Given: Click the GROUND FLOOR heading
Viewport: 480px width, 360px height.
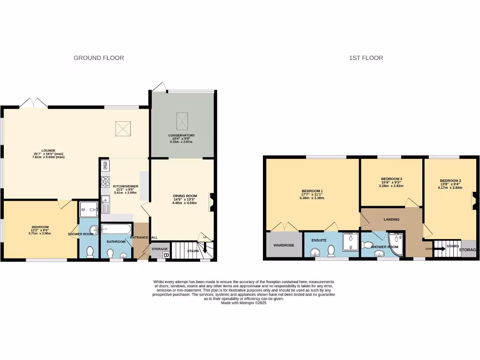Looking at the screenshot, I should (x=99, y=58).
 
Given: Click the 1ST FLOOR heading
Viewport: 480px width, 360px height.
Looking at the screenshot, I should (x=366, y=58).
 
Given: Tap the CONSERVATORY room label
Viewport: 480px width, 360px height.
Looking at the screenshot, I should (x=182, y=136).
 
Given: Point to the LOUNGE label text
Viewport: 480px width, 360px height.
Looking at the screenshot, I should (x=48, y=150).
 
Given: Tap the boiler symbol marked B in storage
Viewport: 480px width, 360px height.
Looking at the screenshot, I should (x=165, y=255).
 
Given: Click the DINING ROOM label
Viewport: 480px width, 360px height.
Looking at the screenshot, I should (x=185, y=196).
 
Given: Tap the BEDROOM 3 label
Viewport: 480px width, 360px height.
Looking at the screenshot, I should (x=392, y=179).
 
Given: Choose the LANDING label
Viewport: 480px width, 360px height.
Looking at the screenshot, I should (x=391, y=219).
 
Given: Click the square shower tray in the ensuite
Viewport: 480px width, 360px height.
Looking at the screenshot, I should (x=351, y=240).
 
